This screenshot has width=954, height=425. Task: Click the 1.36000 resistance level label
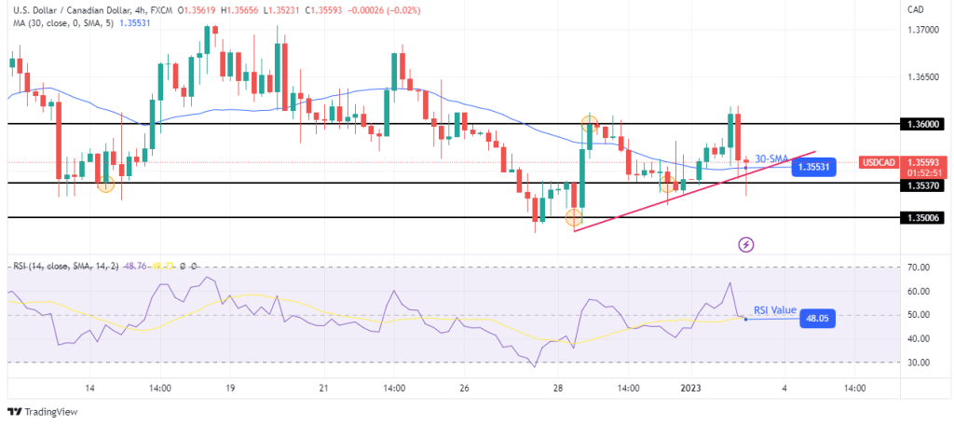tap(923, 124)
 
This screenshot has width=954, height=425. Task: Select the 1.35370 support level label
tap(923, 185)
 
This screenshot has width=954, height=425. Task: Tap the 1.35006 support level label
tap(923, 217)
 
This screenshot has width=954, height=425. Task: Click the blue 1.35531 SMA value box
tap(813, 168)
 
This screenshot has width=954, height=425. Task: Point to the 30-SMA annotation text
tap(771, 158)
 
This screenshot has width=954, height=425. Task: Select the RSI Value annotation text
tap(777, 308)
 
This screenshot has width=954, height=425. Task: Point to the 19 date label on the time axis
tap(229, 388)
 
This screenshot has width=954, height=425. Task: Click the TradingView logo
tap(45, 411)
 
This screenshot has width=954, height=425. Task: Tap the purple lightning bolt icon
tap(746, 245)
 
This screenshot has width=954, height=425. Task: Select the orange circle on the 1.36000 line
tap(590, 122)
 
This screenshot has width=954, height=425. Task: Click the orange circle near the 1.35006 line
tap(573, 217)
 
